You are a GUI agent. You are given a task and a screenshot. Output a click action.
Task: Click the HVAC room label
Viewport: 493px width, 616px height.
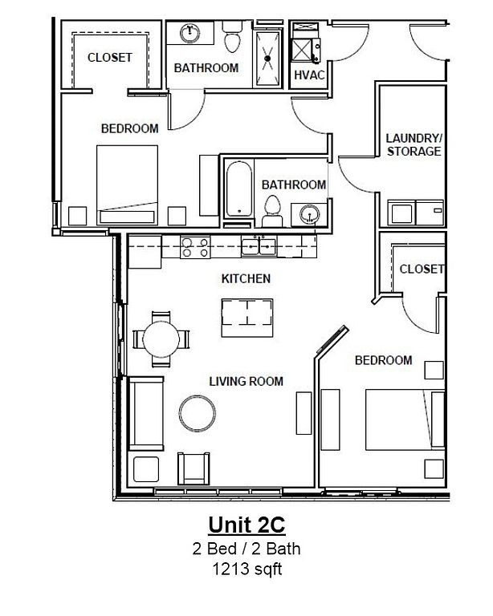tap(309, 75)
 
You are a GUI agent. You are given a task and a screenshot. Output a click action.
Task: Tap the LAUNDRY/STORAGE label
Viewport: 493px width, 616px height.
tap(414, 144)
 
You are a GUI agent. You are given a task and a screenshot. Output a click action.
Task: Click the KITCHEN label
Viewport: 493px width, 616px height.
tap(246, 278)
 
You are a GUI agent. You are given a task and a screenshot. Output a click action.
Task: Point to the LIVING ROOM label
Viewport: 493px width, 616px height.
tap(246, 381)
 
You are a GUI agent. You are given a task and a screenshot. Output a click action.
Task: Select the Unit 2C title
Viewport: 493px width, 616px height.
tap(246, 525)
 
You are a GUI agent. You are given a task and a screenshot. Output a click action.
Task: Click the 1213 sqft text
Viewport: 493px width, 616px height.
tap(247, 569)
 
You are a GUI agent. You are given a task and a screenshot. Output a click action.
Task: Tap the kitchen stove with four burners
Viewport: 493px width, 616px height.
tap(195, 248)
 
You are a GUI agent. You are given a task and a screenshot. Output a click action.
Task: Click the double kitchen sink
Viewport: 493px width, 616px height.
tap(259, 246)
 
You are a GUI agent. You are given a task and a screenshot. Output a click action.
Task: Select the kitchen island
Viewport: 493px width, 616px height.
tap(247, 318)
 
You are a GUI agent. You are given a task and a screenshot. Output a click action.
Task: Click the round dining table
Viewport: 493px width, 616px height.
tap(161, 339)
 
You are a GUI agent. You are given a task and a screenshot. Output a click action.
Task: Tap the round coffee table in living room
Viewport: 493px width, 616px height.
tap(198, 413)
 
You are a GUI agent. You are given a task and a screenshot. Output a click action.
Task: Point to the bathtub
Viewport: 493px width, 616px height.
tap(238, 188)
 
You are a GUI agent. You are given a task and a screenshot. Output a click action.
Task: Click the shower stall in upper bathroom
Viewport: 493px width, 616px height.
tap(267, 58)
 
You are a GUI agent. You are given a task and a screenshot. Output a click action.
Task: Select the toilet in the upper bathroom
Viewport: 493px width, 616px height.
tap(232, 38)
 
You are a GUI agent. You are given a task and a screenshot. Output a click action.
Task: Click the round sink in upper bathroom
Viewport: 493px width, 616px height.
tap(189, 33)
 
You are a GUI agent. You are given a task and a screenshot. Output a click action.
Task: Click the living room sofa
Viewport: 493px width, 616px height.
tap(146, 413)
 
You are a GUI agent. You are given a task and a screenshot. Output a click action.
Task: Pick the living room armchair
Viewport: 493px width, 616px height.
tap(194, 468)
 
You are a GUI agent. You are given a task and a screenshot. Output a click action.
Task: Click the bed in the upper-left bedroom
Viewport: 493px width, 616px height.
tap(128, 185)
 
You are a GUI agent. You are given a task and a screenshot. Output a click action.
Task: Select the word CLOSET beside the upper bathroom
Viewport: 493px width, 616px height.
tap(110, 58)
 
